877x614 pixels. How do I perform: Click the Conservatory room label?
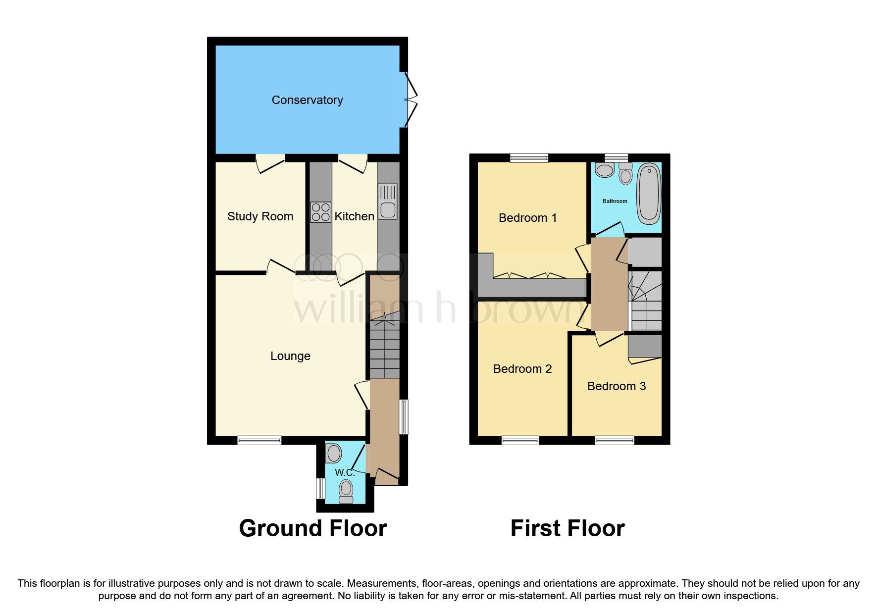[307, 100]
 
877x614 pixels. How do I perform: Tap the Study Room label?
[260, 216]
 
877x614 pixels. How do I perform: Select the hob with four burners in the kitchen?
[320, 212]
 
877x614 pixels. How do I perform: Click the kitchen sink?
[388, 202]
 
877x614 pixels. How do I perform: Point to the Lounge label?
[290, 356]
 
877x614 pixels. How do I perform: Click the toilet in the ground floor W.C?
[346, 491]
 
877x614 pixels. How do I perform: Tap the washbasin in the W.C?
[334, 454]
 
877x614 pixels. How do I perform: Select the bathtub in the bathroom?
[648, 194]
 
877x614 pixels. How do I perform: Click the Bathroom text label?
[615, 201]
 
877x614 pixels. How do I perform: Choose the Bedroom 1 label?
[527, 218]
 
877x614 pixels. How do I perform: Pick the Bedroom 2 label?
[522, 369]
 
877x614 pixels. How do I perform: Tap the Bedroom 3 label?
[616, 386]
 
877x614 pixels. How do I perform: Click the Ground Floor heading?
[312, 528]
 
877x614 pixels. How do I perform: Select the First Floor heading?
[567, 528]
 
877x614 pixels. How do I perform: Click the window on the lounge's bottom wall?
[259, 440]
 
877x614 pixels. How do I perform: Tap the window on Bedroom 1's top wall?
[529, 158]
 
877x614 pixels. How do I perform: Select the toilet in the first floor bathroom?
[625, 174]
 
